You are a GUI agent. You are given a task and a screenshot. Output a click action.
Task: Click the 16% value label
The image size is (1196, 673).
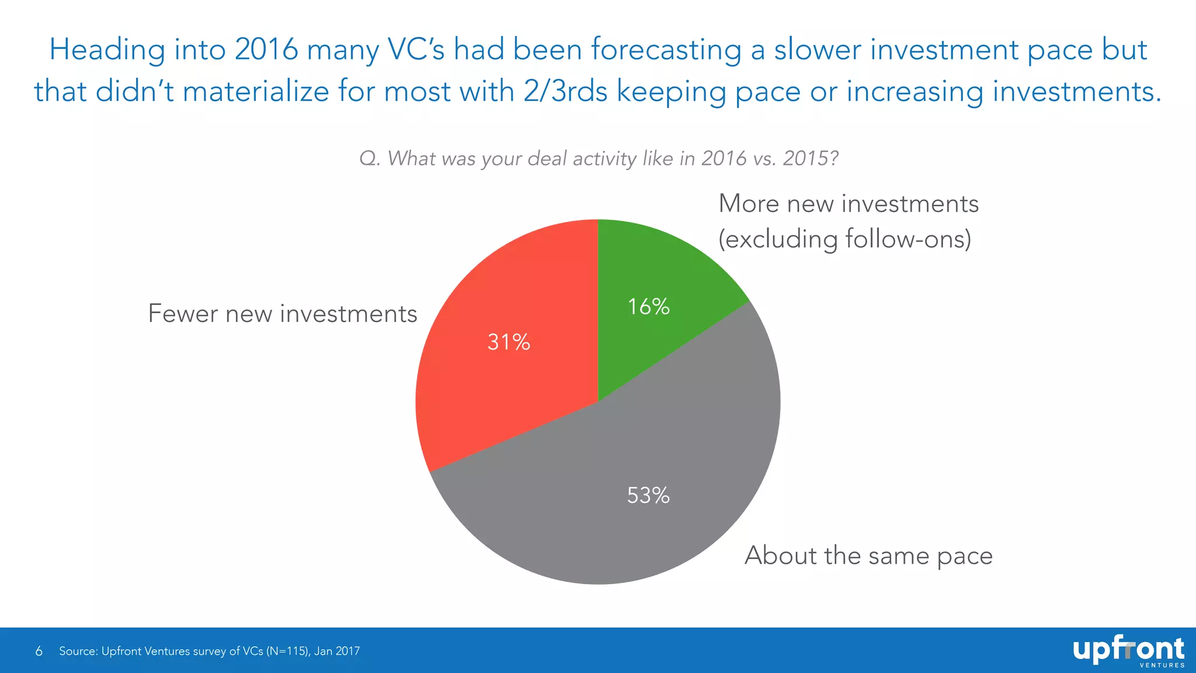pyautogui.click(x=648, y=307)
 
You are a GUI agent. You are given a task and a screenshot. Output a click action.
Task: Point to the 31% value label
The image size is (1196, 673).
pyautogui.click(x=509, y=342)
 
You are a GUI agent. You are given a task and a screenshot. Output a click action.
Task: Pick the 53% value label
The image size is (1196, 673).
pyautogui.click(x=648, y=495)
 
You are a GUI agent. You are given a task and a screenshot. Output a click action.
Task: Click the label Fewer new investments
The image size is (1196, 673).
pyautogui.click(x=283, y=314)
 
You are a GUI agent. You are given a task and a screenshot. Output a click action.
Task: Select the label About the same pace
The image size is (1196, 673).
pyautogui.click(x=868, y=556)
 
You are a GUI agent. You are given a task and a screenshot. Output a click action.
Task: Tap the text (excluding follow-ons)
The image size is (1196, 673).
pyautogui.click(x=844, y=239)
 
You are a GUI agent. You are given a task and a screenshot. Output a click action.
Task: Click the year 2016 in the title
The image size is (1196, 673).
pyautogui.click(x=266, y=49)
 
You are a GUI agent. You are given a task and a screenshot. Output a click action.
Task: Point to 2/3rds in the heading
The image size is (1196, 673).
pyautogui.click(x=565, y=92)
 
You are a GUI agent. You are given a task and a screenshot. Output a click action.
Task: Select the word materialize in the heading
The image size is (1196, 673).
pyautogui.click(x=256, y=92)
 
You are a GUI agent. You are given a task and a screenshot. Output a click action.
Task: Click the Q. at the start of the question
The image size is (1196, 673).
pyautogui.click(x=370, y=158)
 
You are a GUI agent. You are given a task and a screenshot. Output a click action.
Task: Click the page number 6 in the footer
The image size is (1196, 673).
pyautogui.click(x=39, y=651)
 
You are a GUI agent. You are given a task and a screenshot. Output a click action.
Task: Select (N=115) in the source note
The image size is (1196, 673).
pyautogui.click(x=288, y=651)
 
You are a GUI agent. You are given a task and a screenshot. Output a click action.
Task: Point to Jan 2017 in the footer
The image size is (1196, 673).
pyautogui.click(x=337, y=651)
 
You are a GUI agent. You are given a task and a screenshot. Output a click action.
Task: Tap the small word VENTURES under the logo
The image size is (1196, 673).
pyautogui.click(x=1162, y=665)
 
